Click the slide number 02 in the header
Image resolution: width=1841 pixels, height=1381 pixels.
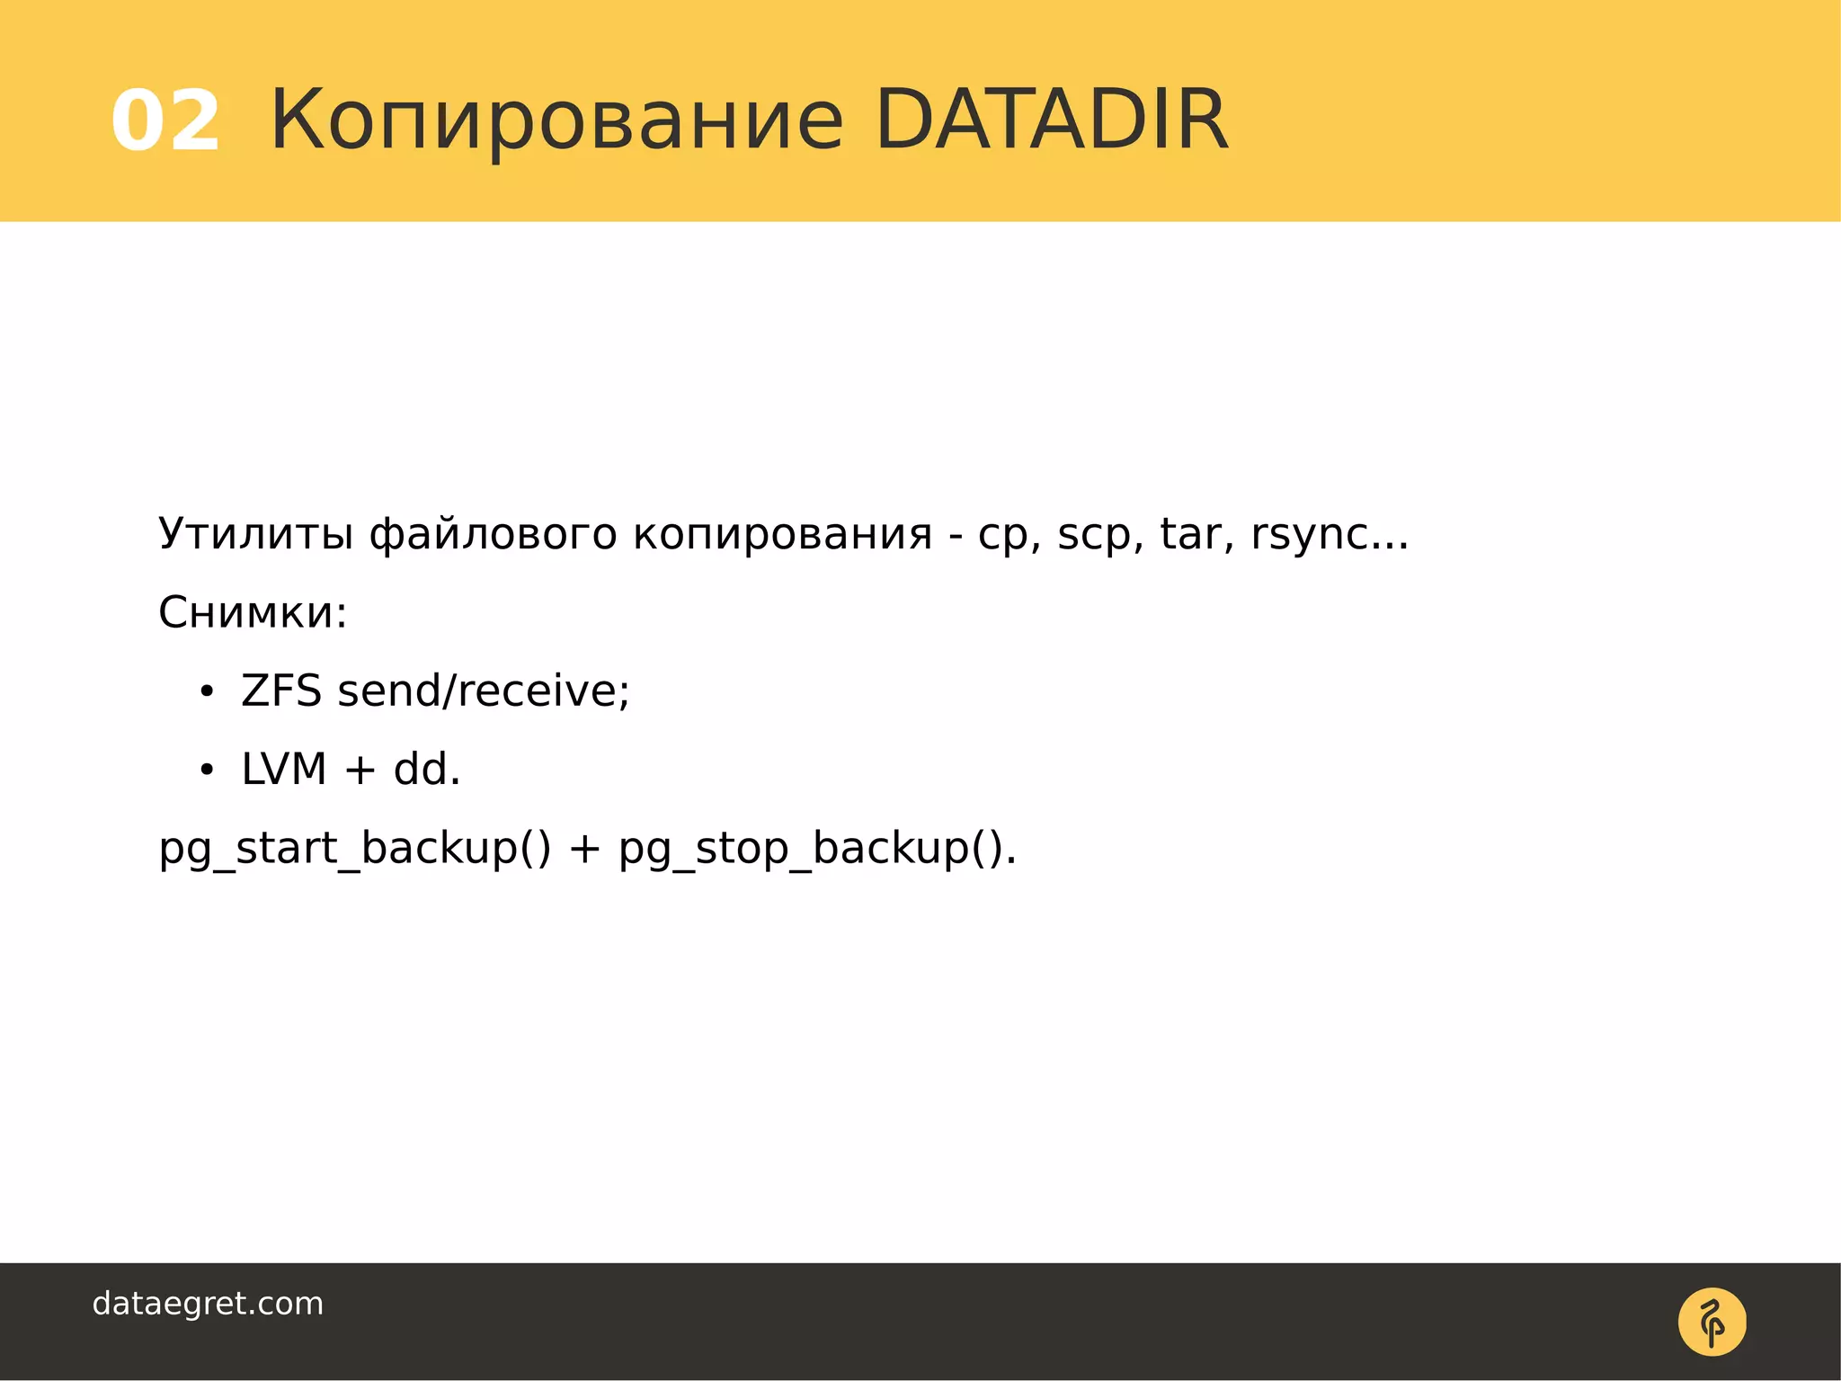pyautogui.click(x=165, y=120)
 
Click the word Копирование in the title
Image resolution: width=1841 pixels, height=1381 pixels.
pyautogui.click(x=556, y=120)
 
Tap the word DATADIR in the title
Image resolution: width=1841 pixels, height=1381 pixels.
pyautogui.click(x=1050, y=119)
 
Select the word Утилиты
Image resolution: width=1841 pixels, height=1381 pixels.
pyautogui.click(x=255, y=534)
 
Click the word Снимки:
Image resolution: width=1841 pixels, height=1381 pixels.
pyautogui.click(x=253, y=613)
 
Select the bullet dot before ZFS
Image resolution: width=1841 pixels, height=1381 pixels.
pyautogui.click(x=207, y=692)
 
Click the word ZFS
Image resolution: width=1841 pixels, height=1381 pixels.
pyautogui.click(x=280, y=690)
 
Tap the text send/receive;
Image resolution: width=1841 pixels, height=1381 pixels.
pyautogui.click(x=484, y=691)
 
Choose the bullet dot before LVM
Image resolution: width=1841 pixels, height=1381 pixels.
pyautogui.click(x=207, y=771)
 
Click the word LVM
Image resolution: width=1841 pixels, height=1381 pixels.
pyautogui.click(x=283, y=770)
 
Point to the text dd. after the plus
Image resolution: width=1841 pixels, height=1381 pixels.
pyautogui.click(x=427, y=770)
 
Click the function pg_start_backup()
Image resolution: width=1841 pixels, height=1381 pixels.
pyautogui.click(x=354, y=849)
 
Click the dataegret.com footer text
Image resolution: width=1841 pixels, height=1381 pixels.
pyautogui.click(x=208, y=1304)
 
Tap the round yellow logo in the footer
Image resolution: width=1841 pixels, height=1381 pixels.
pyautogui.click(x=1712, y=1322)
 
